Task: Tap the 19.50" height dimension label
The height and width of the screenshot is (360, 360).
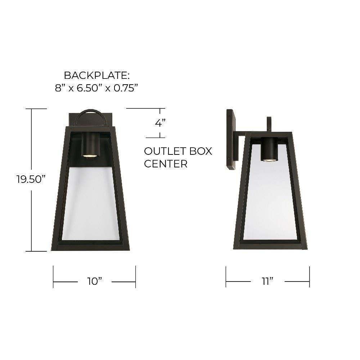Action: point(31,179)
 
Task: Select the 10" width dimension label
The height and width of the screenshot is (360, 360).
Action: point(94,281)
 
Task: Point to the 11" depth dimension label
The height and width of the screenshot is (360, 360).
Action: point(267,281)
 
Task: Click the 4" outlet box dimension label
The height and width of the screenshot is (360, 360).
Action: point(160,123)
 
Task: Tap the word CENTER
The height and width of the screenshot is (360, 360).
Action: point(166,164)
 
